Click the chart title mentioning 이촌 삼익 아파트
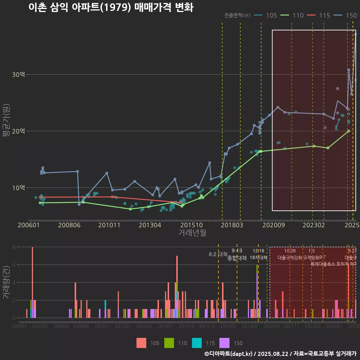click(x=111, y=7)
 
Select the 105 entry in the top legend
click(x=271, y=15)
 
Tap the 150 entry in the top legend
click(x=351, y=15)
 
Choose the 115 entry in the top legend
click(x=324, y=15)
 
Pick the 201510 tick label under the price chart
click(x=189, y=225)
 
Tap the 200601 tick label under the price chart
click(x=29, y=225)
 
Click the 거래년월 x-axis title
click(x=192, y=233)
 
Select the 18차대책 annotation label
click(x=258, y=258)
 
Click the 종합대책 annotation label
click(x=237, y=258)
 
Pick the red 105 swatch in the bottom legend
click(x=141, y=343)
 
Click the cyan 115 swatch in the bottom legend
click(x=197, y=343)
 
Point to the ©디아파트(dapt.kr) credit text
click(x=229, y=354)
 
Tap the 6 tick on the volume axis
click(x=13, y=265)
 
